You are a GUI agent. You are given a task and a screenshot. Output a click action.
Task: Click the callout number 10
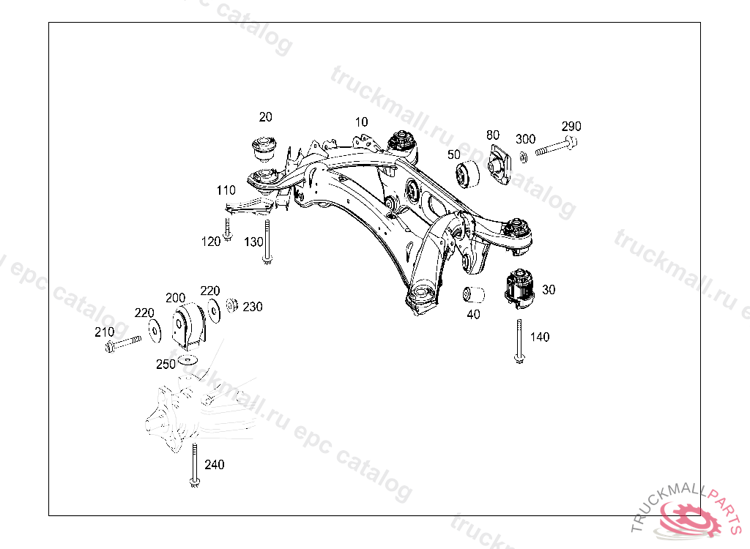(361, 122)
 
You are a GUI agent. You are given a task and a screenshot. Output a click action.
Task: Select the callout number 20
(265, 116)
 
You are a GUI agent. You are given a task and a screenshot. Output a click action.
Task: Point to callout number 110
(226, 190)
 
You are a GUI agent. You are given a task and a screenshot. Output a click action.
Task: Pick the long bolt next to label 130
(268, 242)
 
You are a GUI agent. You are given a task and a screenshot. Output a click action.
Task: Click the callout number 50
(454, 154)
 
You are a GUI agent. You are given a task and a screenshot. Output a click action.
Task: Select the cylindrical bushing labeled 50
(467, 175)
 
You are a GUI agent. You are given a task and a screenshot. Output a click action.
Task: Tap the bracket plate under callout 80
(498, 165)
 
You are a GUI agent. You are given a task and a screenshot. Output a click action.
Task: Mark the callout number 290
(571, 126)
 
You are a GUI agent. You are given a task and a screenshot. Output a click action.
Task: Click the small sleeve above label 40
(475, 295)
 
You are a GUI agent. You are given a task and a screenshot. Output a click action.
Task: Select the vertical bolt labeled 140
(519, 341)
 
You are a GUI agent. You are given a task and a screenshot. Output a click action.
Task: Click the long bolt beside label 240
(193, 465)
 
